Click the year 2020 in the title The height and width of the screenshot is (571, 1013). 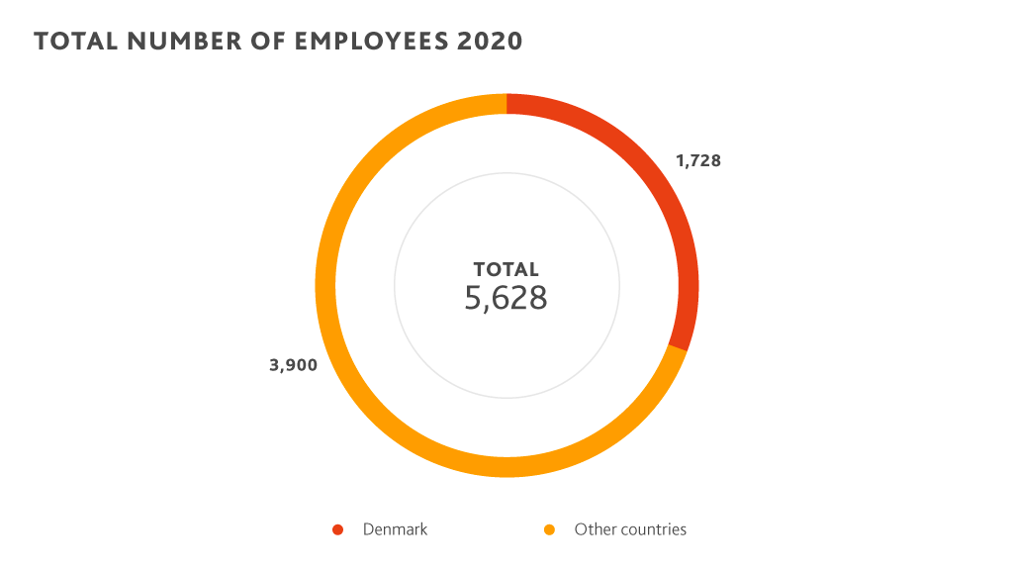tap(487, 42)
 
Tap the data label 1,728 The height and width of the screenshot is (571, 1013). tap(698, 160)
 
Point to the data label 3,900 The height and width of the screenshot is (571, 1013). tap(293, 365)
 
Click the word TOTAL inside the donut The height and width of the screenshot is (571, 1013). tap(506, 269)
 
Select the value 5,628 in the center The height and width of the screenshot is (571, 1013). tap(506, 298)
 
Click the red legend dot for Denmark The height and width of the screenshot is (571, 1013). tap(337, 529)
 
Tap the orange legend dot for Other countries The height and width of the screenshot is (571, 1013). tap(549, 529)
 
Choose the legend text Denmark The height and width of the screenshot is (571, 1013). tap(395, 529)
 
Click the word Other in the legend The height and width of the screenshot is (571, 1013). tap(594, 529)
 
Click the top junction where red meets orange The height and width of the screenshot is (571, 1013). tap(506, 104)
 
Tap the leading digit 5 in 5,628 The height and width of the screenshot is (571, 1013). tap(472, 298)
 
